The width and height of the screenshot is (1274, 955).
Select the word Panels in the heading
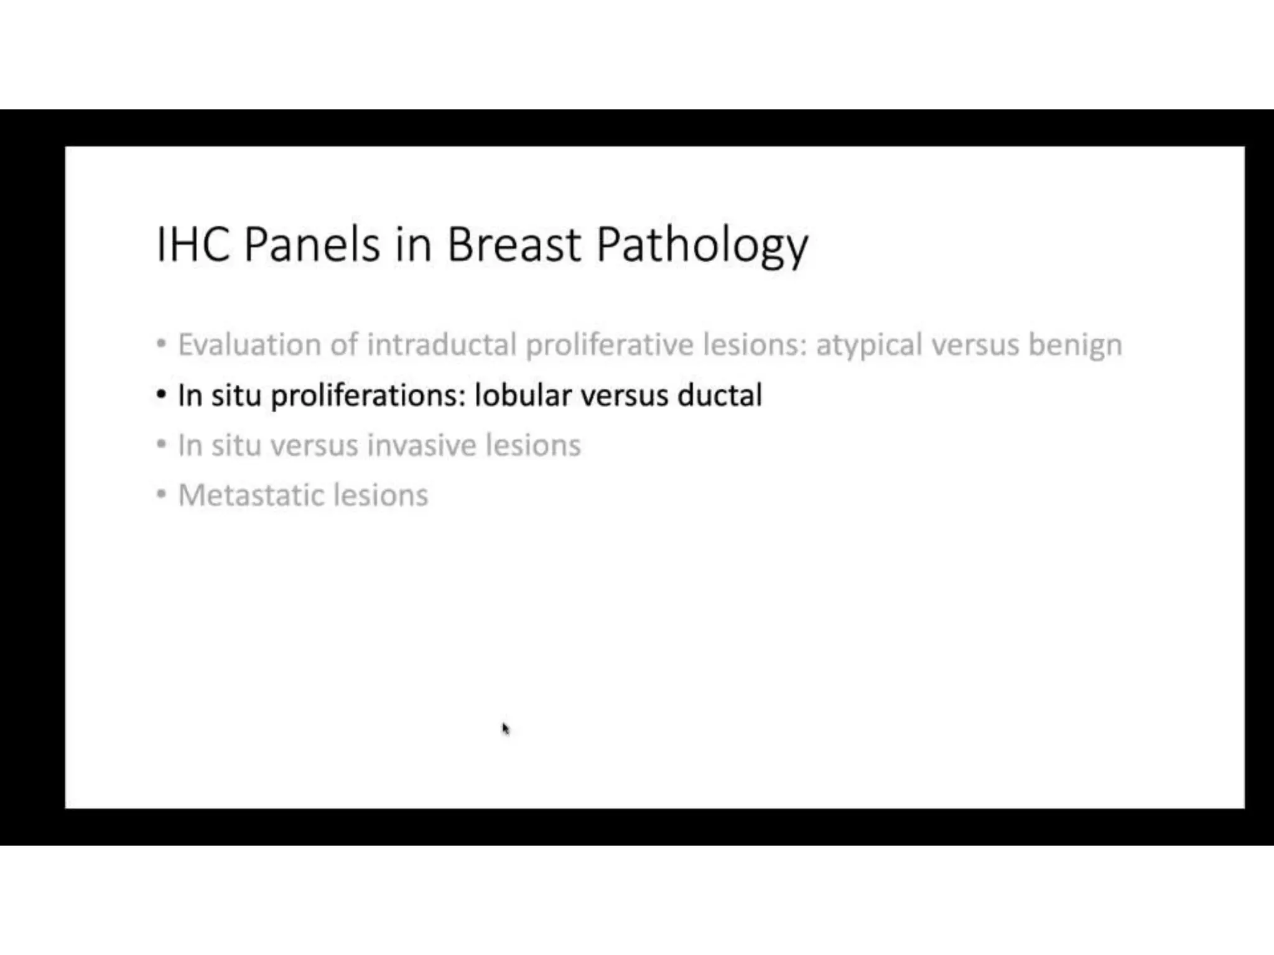point(311,244)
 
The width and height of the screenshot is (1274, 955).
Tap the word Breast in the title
point(514,244)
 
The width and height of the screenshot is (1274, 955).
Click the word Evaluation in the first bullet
point(249,344)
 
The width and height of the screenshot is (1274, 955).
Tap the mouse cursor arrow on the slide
point(505,728)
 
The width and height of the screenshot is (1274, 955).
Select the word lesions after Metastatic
point(381,496)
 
